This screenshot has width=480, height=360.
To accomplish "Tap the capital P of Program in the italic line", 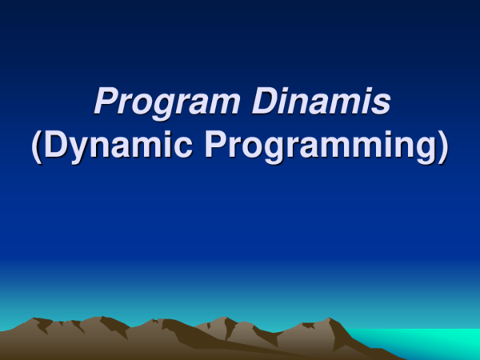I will tap(105, 102).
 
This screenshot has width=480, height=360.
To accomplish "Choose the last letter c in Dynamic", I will tap(186, 150).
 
